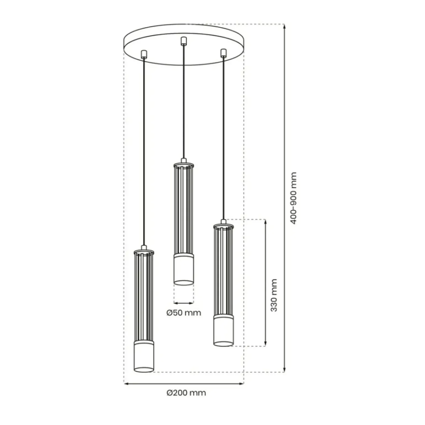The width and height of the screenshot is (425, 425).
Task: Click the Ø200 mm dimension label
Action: pos(186,393)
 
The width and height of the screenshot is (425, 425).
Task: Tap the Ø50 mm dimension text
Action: pos(184,313)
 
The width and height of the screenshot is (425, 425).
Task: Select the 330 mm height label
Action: pos(273,295)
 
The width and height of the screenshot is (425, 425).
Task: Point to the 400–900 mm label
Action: pos(293,198)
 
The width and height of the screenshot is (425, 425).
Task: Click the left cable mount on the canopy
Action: pos(144,54)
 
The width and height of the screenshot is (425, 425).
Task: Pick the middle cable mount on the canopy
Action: pos(182,41)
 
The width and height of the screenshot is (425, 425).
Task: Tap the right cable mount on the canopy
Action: pos(223,53)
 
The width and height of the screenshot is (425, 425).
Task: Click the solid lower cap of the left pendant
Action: pos(144,357)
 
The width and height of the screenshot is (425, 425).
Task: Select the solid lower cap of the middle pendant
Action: pos(184,269)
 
